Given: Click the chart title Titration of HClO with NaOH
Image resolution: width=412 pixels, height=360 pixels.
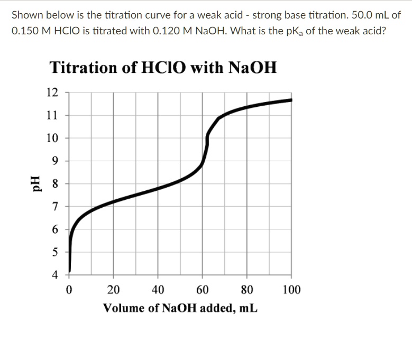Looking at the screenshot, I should [x=163, y=68].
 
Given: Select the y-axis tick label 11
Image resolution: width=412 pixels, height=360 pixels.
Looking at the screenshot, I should [x=52, y=115].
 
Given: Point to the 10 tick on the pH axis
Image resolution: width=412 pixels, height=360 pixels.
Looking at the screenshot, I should [x=52, y=139].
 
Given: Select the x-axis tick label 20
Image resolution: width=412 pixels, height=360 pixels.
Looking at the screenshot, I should [x=113, y=290].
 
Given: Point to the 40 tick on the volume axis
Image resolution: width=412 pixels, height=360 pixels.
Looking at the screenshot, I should [x=158, y=290].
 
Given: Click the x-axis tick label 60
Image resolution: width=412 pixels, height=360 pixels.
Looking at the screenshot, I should [x=202, y=290].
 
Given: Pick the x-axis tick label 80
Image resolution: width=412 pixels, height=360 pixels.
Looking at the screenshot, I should [x=246, y=290].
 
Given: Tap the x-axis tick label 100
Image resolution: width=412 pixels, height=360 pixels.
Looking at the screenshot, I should [x=291, y=290].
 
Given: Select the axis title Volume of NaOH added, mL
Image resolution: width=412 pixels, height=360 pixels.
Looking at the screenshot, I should [x=180, y=308].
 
